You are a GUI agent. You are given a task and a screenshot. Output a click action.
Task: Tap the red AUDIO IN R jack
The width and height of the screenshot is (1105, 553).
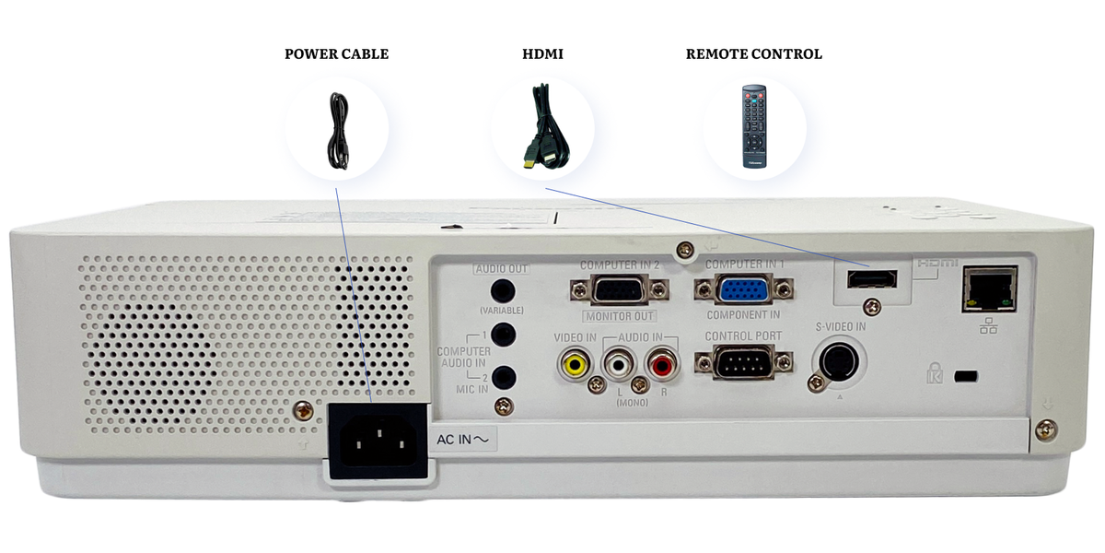coord(660,364)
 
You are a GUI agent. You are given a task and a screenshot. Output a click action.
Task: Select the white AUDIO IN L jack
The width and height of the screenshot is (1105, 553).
coord(617,365)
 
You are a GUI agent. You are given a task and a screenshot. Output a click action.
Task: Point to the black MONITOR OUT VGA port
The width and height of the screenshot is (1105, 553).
coord(619,290)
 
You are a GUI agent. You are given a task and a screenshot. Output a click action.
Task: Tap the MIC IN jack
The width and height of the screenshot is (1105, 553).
coord(503,376)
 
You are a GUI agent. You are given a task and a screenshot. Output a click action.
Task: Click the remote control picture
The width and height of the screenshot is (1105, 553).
coord(755,126)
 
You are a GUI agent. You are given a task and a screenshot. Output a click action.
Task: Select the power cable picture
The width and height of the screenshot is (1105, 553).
coord(337,130)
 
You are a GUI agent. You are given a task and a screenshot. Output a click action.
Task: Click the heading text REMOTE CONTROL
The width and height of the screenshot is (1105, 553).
coord(753,54)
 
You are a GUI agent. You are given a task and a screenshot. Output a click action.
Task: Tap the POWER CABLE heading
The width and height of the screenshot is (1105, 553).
coord(336,54)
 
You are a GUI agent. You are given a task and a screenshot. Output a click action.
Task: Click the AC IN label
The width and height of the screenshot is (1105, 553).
coord(466,441)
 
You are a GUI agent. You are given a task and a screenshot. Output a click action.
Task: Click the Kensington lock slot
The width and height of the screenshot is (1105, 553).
coord(965,376)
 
